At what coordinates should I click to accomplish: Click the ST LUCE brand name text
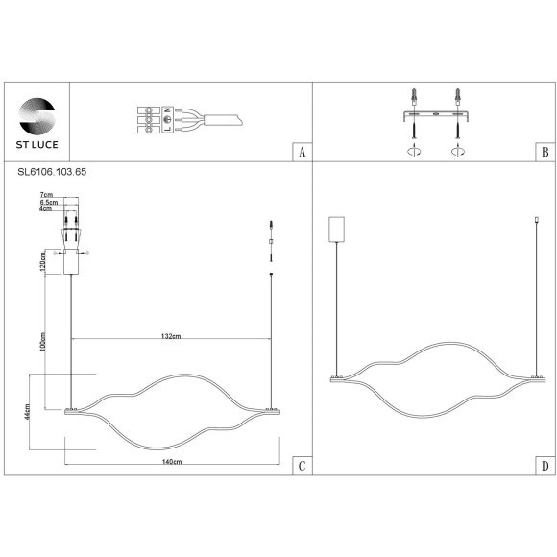36,145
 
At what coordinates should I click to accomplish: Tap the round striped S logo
36,116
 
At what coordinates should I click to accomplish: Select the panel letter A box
302,152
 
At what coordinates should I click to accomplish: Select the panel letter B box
545,152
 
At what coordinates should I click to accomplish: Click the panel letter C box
302,466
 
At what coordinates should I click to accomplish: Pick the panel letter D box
545,466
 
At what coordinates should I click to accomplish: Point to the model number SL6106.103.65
52,172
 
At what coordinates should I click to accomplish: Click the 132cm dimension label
171,336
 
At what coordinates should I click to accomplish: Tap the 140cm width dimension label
172,461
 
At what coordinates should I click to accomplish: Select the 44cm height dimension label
27,412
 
